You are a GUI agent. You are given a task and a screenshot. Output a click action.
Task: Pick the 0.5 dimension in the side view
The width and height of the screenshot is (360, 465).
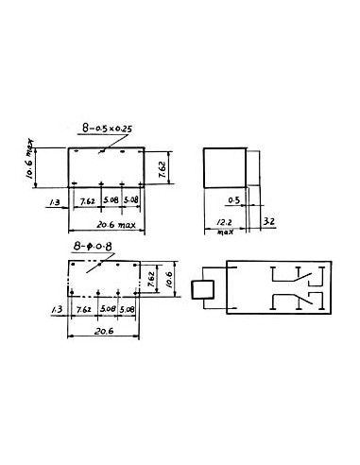(234, 200)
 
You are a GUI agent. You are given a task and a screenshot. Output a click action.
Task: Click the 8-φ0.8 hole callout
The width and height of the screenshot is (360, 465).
(93, 246)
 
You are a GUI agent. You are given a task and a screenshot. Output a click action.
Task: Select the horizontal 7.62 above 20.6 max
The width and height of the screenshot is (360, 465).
(87, 200)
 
